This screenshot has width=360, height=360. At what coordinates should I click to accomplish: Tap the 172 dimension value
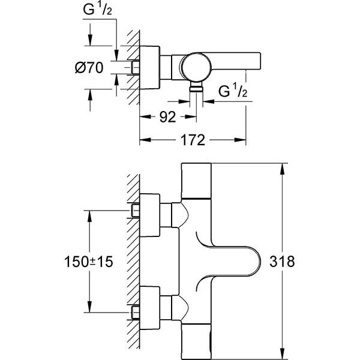tap(193, 141)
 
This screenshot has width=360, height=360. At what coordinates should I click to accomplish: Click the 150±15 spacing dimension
tap(89, 262)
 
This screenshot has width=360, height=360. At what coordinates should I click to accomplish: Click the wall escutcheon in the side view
tap(151, 67)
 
